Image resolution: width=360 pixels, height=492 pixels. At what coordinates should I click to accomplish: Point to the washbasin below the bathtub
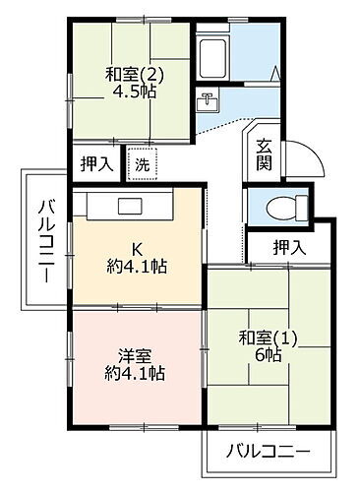point(208,100)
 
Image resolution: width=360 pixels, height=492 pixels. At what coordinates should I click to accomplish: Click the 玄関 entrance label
point(264,155)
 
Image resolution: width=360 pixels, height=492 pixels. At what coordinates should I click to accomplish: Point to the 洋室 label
point(134,355)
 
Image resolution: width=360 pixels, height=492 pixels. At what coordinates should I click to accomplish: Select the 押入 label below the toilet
point(288,247)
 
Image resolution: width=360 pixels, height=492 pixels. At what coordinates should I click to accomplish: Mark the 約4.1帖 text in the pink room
point(135,374)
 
